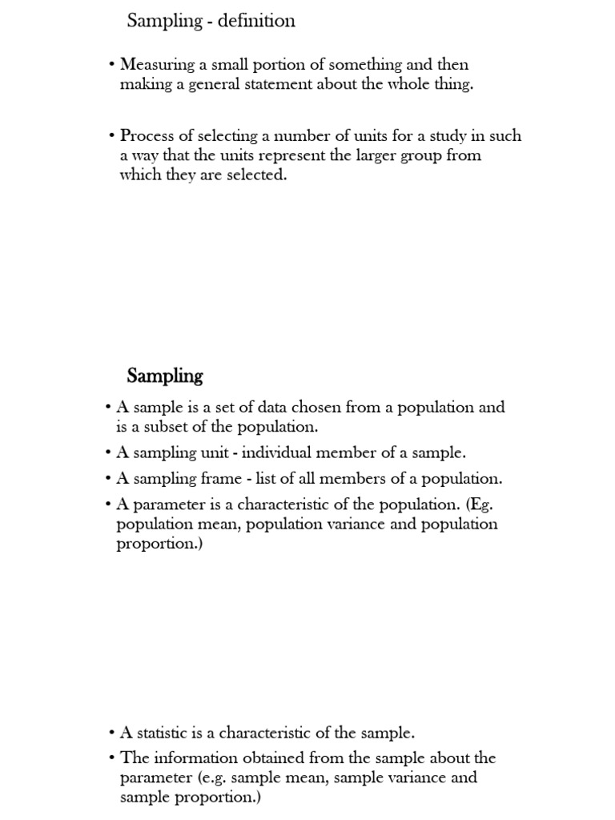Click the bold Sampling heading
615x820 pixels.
[x=165, y=376]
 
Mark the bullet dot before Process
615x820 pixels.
[x=112, y=136]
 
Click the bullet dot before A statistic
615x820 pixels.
[x=112, y=733]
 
